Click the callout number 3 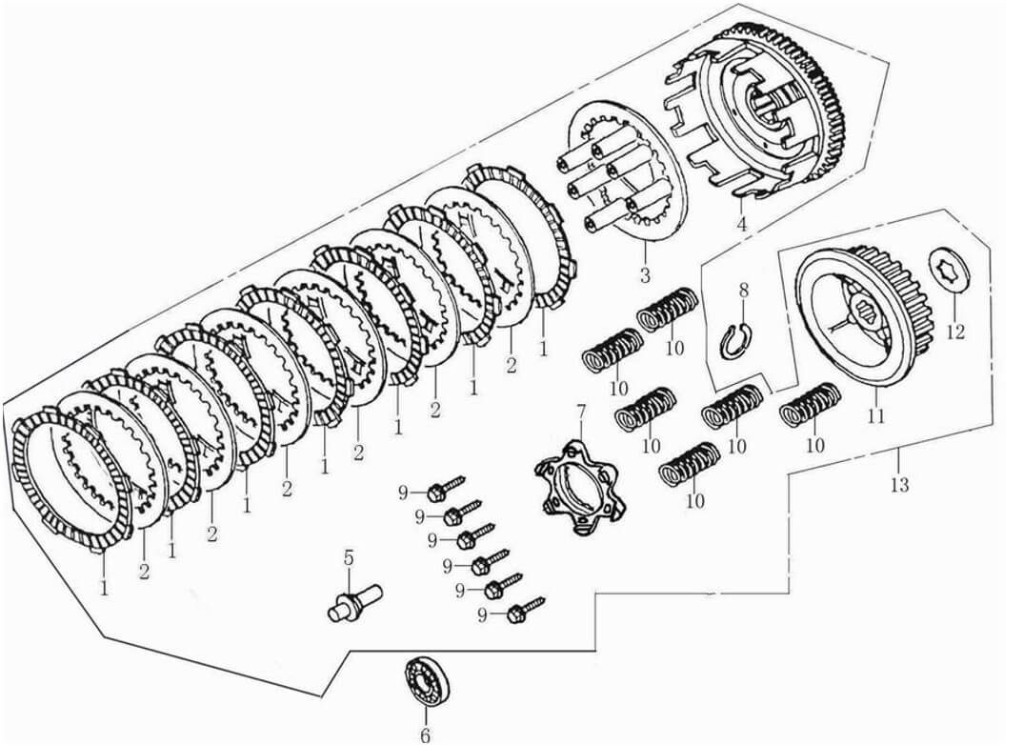click(x=645, y=276)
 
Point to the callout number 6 click(x=425, y=735)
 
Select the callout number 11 click(x=874, y=415)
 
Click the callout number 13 click(x=899, y=485)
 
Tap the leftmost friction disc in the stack click(x=71, y=482)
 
